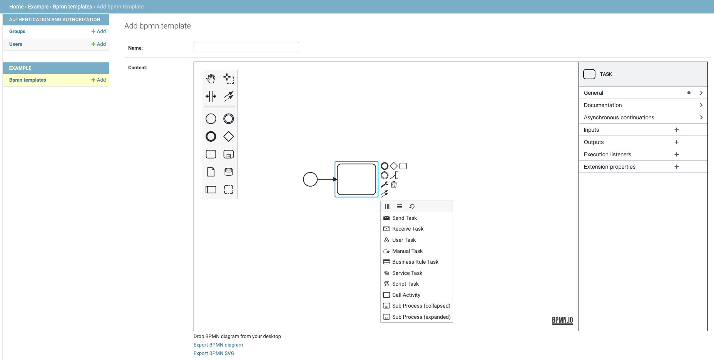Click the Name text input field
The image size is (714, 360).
coord(246,47)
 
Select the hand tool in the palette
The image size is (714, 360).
coord(211,79)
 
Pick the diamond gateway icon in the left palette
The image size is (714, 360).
coord(229,136)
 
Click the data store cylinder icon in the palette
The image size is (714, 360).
coord(229,172)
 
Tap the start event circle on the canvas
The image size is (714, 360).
coord(310,179)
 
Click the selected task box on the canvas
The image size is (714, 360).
coord(356,179)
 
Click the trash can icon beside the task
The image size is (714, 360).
coord(394,185)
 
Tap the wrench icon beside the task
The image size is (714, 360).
coord(385,184)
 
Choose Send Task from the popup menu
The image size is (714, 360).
coord(405,218)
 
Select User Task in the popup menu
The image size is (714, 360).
coord(404,240)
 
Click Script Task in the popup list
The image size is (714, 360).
coord(405,284)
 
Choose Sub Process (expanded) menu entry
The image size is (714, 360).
coord(421,317)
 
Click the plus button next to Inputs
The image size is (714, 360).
coord(677,130)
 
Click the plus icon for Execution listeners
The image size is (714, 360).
coord(677,154)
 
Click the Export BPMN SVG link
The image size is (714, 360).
coord(214,353)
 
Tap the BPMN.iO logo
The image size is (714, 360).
coord(562,320)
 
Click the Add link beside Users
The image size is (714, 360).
coord(99,44)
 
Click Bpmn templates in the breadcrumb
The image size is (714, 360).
coord(72,7)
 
